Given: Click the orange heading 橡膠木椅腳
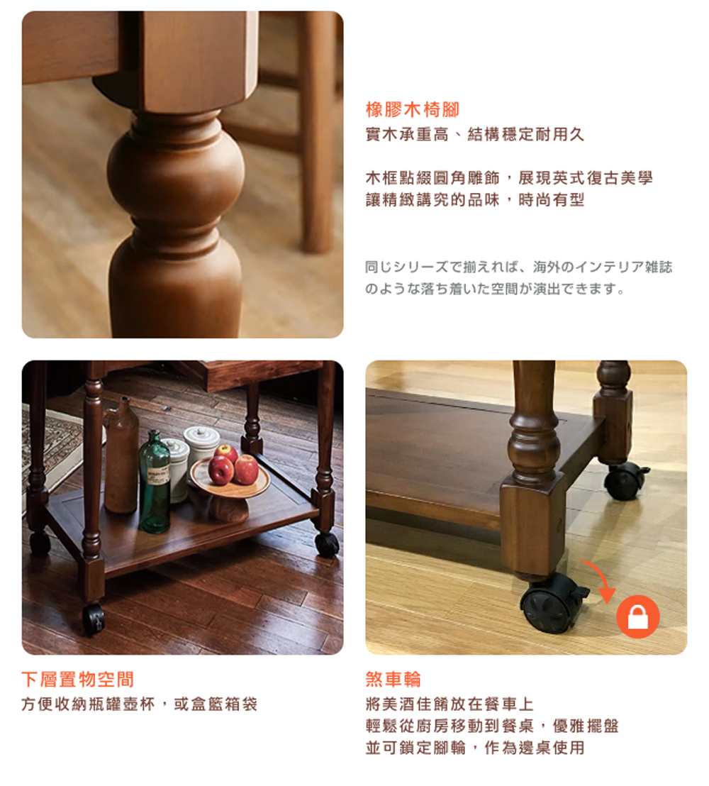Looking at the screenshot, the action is [413, 109].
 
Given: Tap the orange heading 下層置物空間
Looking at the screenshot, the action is [78, 679].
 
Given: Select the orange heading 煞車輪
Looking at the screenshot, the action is [393, 679].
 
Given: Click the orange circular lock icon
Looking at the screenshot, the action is [638, 616].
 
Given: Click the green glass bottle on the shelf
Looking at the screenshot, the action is [155, 482].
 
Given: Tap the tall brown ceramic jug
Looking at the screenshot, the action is [121, 455].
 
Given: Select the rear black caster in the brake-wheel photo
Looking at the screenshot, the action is [624, 480].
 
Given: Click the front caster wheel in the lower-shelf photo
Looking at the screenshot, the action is [93, 621].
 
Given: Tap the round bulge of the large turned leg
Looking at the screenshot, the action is [175, 172].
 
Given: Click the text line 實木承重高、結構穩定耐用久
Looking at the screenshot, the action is [475, 134].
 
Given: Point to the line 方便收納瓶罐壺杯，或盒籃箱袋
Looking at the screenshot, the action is [139, 704].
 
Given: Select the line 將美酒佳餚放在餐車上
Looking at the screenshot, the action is [450, 704].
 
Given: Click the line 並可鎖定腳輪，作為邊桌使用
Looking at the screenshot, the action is [475, 748].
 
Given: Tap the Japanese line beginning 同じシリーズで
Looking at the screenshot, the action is [518, 267].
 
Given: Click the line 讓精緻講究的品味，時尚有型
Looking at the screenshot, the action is [475, 200].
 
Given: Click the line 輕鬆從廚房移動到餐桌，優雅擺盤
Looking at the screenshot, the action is [492, 726].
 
